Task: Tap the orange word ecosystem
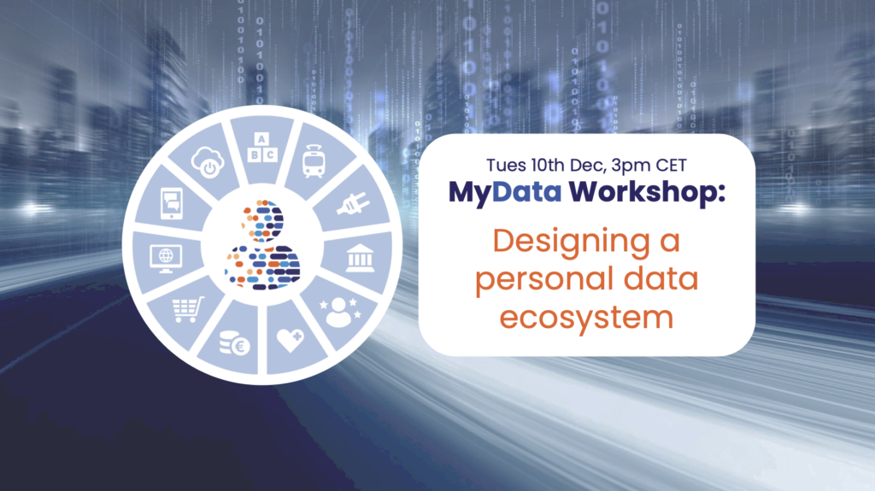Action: pyautogui.click(x=586, y=318)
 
